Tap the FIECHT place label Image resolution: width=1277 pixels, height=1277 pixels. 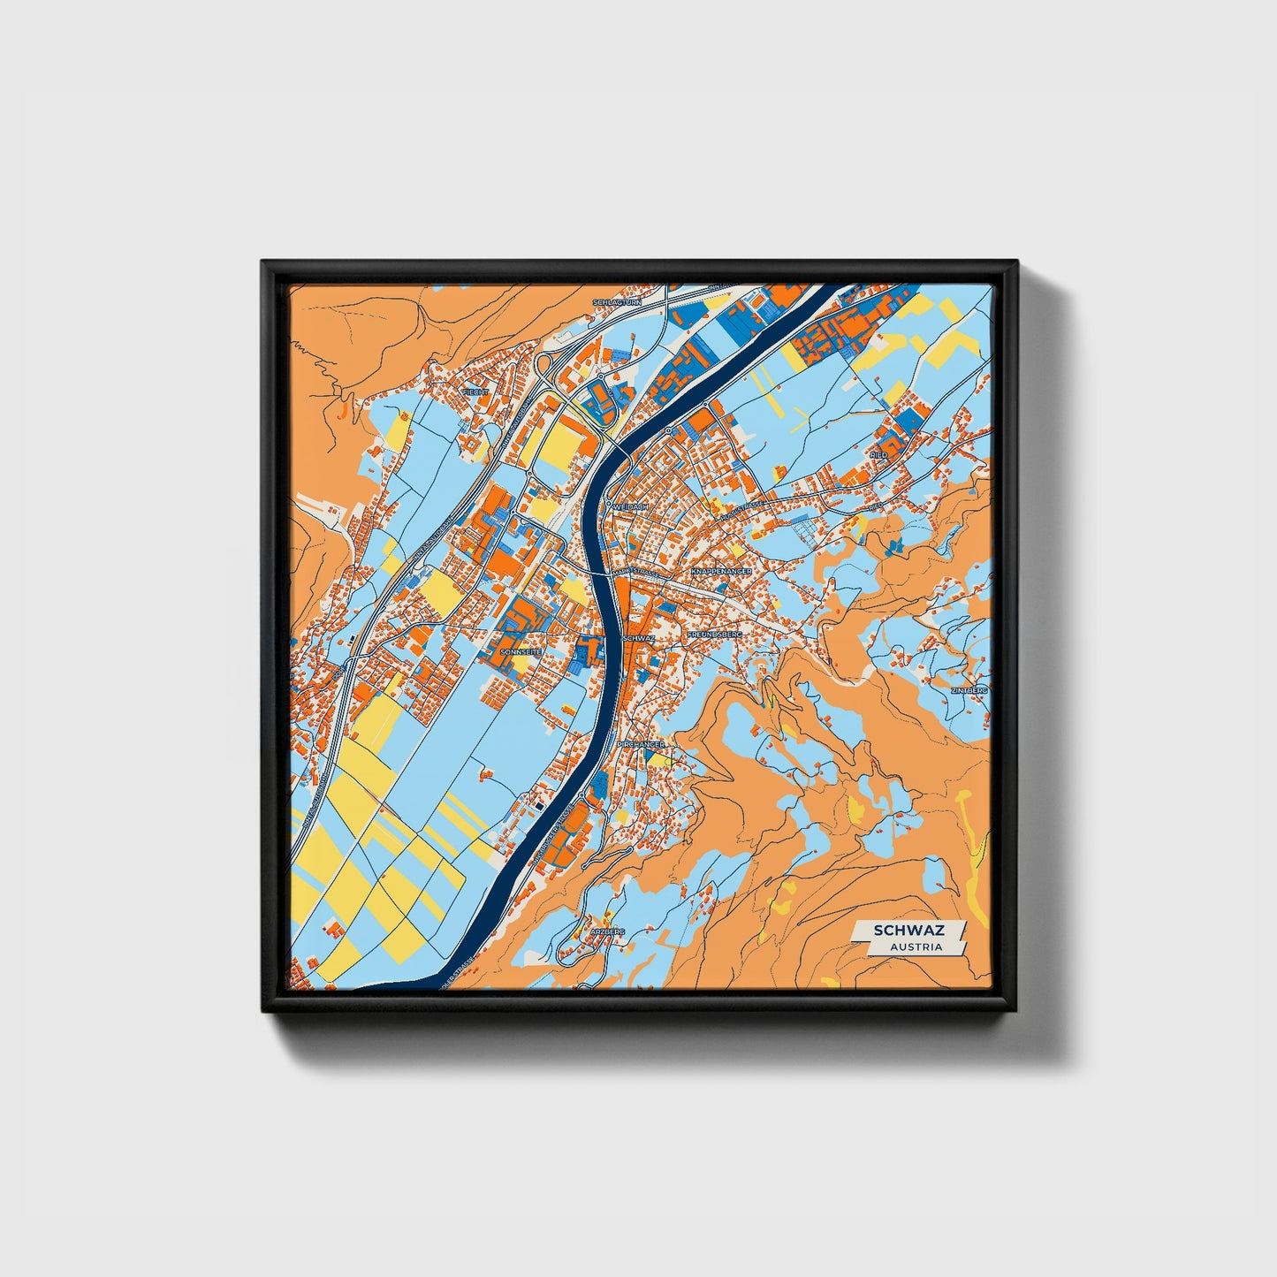tap(475, 391)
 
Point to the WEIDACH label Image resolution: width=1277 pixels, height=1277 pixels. tap(630, 506)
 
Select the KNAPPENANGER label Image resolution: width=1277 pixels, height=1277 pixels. tap(721, 572)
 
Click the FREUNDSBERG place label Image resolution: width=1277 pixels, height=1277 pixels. tap(716, 635)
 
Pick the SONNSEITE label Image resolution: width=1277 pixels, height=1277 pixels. tap(520, 651)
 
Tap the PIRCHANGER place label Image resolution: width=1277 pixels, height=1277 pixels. tap(641, 745)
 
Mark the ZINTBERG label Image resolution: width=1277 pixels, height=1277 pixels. tap(969, 689)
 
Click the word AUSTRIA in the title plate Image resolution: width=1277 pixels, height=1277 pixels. tap(916, 946)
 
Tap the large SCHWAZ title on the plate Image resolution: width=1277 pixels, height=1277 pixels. tap(908, 931)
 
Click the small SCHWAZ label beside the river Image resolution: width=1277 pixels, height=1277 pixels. tap(638, 637)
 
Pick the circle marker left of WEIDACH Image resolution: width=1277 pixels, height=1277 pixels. tap(608, 505)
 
